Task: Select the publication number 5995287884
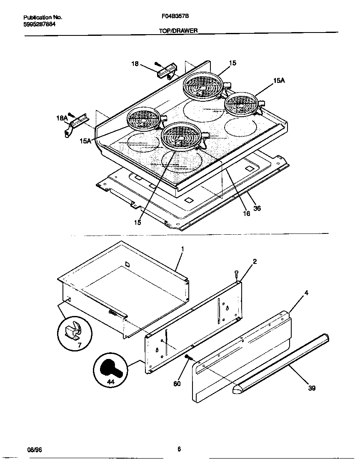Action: tap(40, 24)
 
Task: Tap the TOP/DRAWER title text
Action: tap(178, 30)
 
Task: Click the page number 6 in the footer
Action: tap(179, 449)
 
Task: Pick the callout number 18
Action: tap(135, 63)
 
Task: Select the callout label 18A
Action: tap(62, 118)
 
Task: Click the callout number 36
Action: tap(257, 208)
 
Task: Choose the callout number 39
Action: tap(312, 388)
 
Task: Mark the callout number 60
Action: tap(177, 384)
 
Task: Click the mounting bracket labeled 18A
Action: tap(75, 124)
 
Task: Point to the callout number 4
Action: tap(306, 293)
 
